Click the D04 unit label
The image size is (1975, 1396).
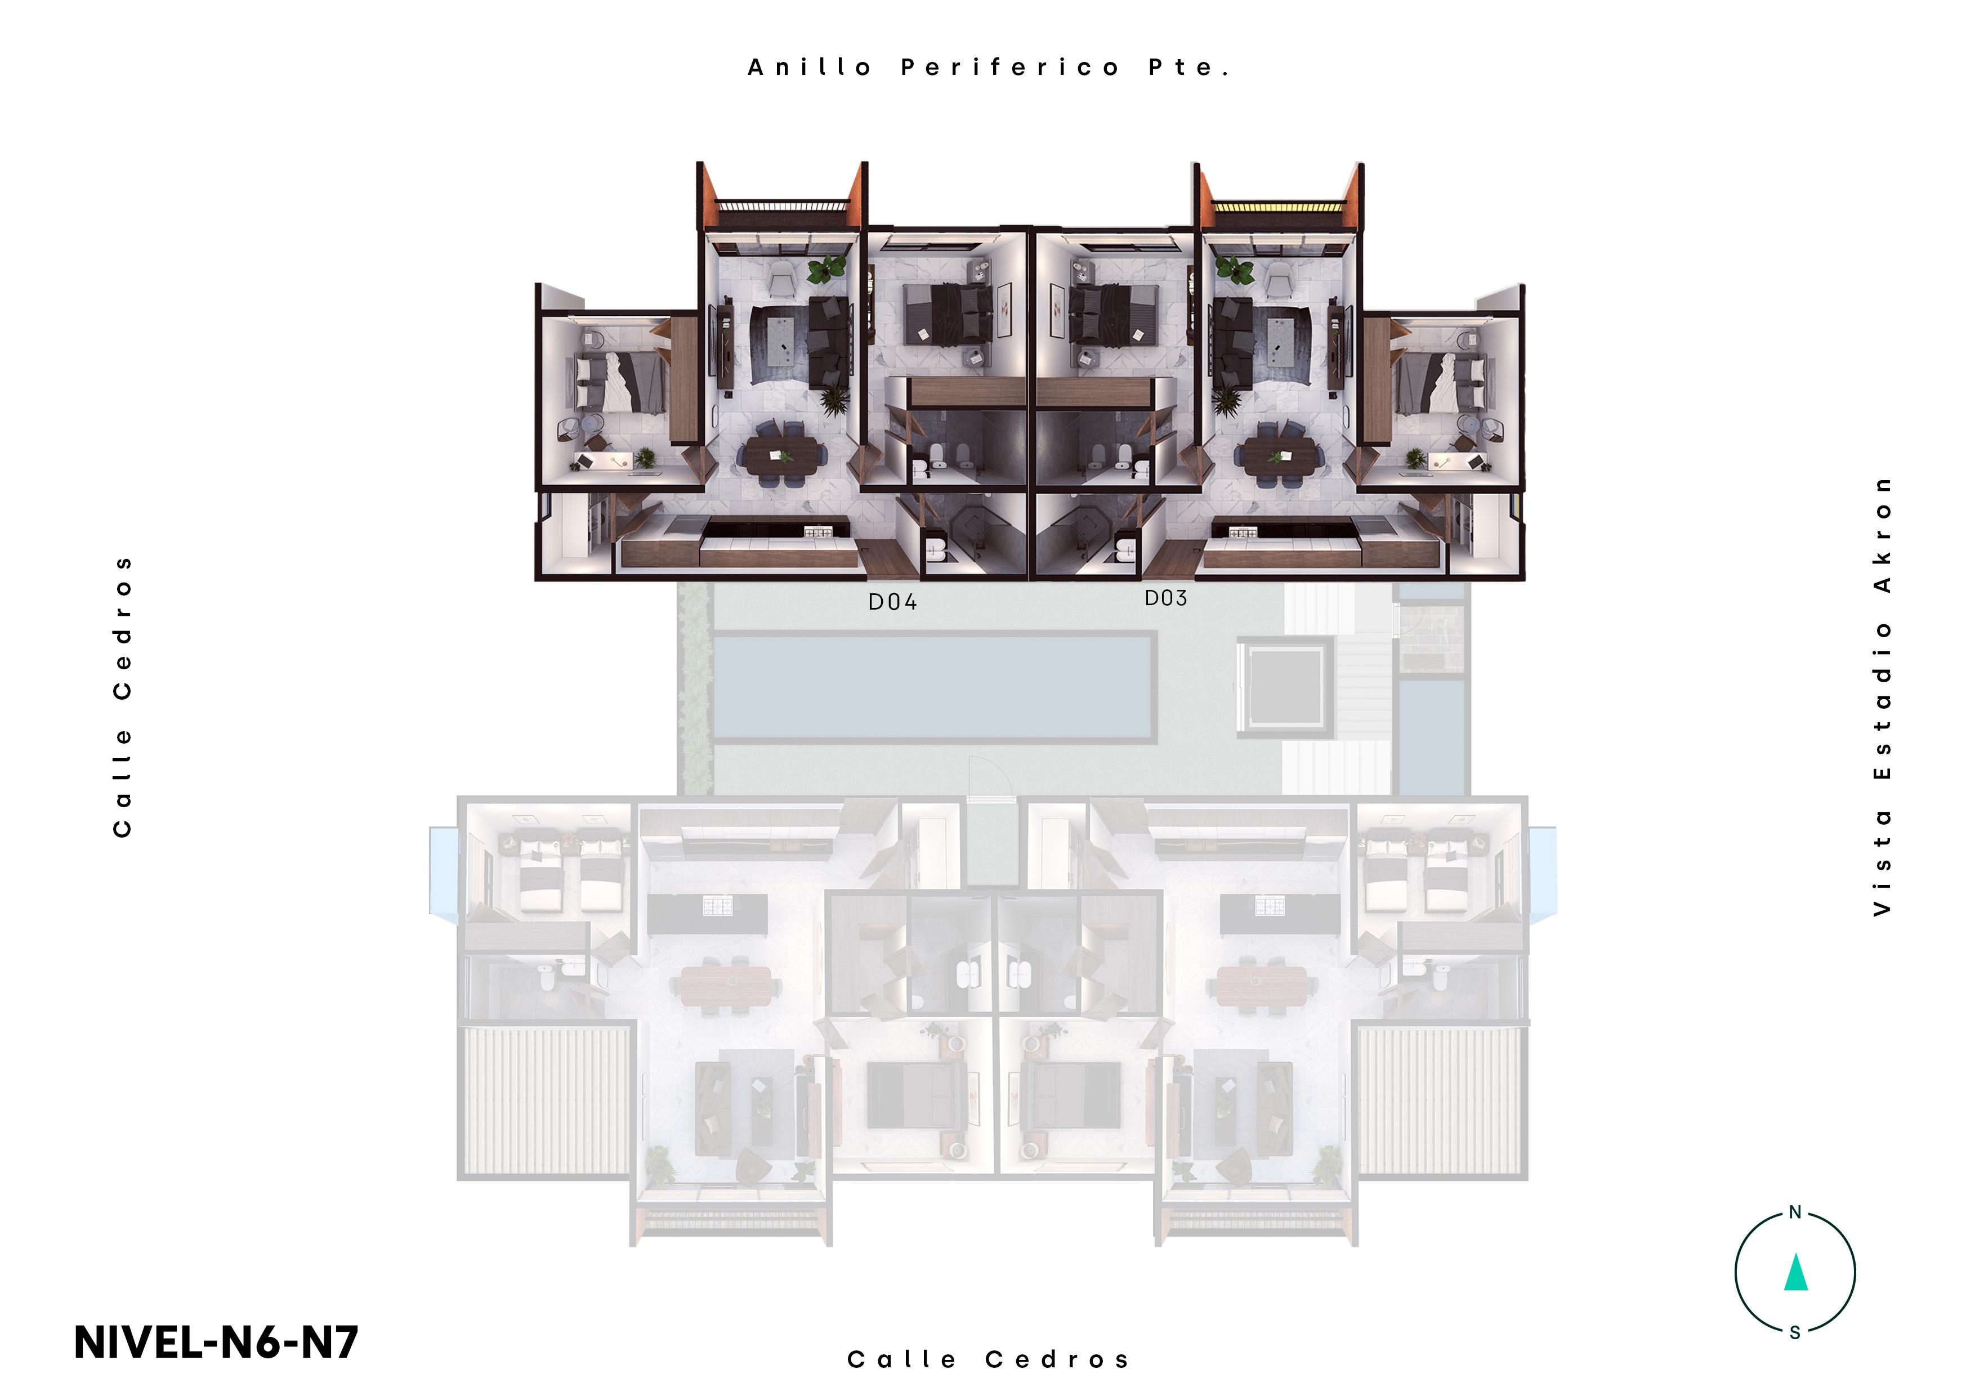892,602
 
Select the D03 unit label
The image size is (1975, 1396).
1165,598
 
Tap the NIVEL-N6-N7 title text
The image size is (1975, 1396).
216,1342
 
